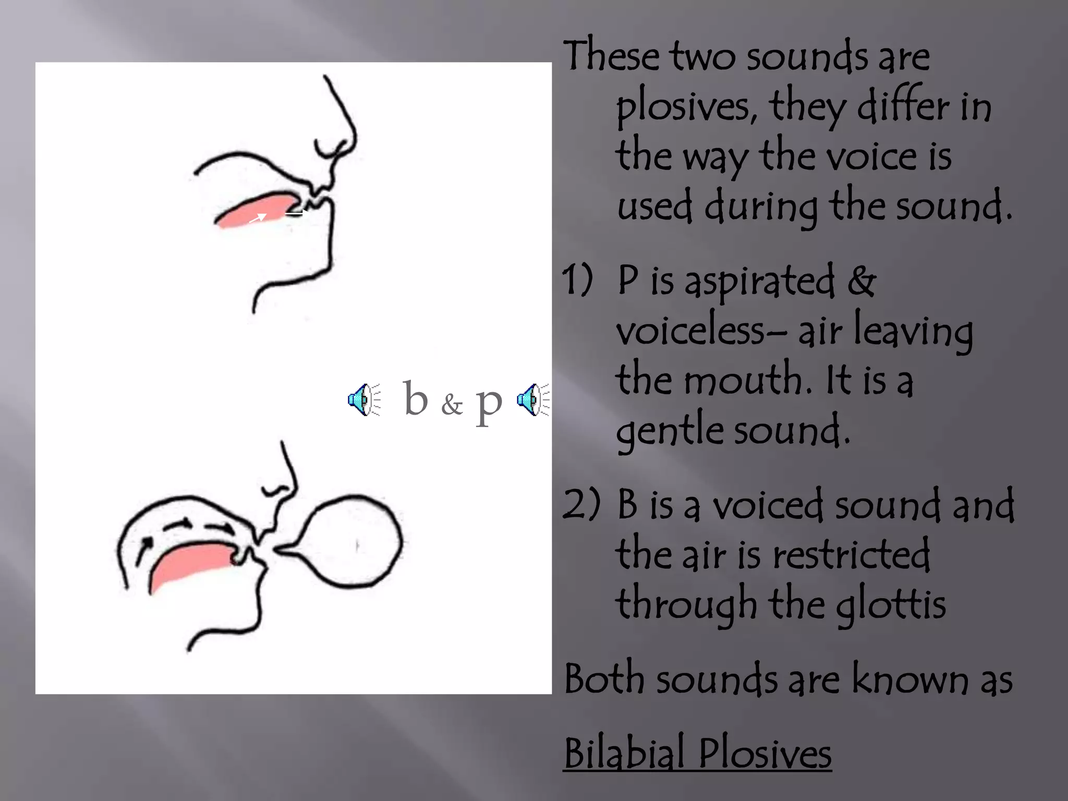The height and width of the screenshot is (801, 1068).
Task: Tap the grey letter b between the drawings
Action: [x=416, y=399]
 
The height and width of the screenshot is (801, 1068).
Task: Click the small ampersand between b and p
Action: [x=452, y=405]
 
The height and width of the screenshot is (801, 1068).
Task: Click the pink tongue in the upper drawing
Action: [x=256, y=211]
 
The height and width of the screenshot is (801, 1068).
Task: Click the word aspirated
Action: [x=759, y=282]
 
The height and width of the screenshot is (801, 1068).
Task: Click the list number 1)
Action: [x=578, y=280]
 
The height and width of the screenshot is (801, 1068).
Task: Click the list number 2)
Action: [x=581, y=505]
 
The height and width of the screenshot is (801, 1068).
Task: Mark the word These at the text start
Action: [x=611, y=56]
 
